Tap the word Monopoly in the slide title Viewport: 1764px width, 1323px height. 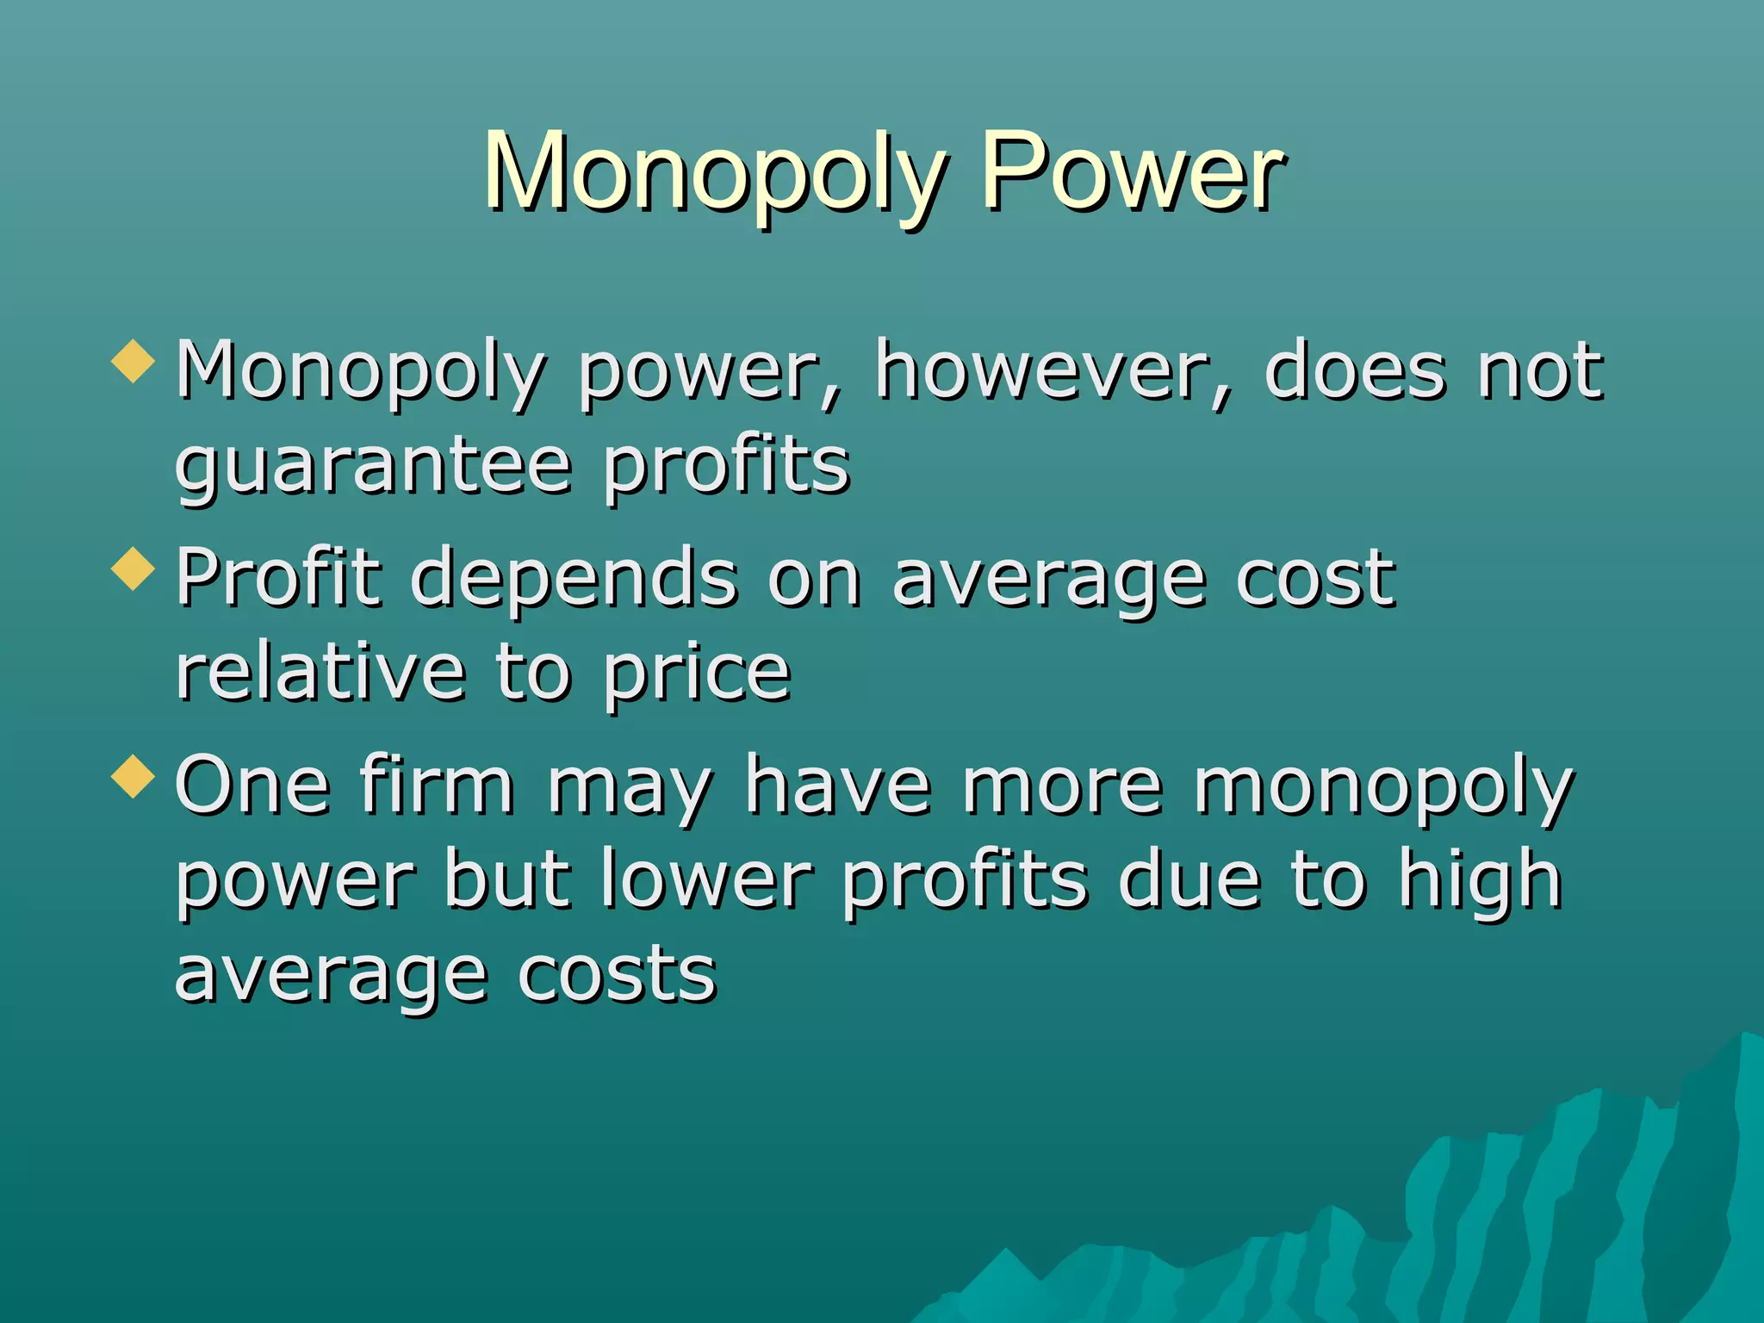[x=713, y=172]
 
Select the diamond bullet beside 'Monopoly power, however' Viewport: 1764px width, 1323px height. [x=134, y=361]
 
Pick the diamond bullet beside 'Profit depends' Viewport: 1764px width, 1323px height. [x=134, y=569]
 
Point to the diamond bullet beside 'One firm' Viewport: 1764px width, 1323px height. [x=134, y=776]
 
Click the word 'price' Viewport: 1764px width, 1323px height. [x=696, y=675]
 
